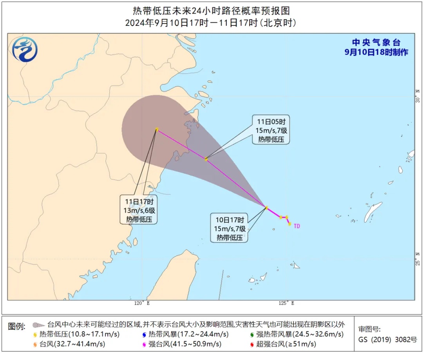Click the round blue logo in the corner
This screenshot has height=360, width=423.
(x=25, y=49)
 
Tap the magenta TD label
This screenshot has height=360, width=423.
(x=296, y=226)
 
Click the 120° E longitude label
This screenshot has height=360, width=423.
(x=141, y=303)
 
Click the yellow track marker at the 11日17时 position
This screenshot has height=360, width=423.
(x=157, y=129)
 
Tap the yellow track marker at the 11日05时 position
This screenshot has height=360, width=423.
(x=206, y=158)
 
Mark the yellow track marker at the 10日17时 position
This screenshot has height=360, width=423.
(x=266, y=207)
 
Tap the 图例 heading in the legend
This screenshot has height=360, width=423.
(x=17, y=326)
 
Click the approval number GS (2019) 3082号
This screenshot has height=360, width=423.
(x=388, y=339)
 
